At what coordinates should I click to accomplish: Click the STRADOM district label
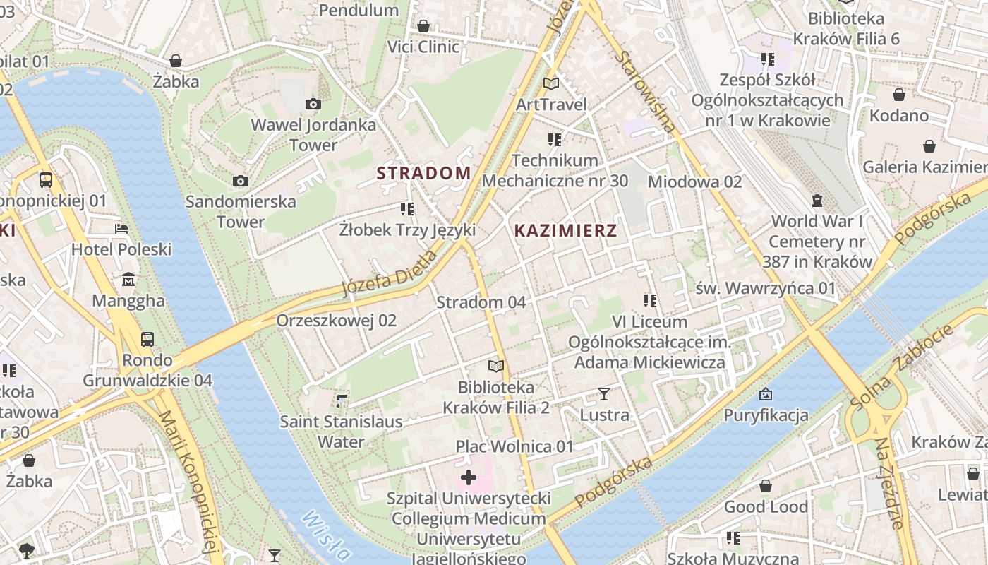click(x=423, y=173)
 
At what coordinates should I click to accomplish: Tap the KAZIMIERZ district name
click(x=565, y=230)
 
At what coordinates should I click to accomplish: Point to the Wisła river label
click(x=325, y=537)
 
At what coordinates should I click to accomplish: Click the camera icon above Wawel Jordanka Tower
click(x=313, y=105)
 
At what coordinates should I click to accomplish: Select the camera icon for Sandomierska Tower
click(x=241, y=181)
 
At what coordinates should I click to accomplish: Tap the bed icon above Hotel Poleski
click(x=121, y=229)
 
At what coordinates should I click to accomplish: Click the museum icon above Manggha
click(x=128, y=280)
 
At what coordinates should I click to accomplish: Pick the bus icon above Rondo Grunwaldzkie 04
click(x=147, y=340)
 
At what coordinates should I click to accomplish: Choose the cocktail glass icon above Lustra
click(x=604, y=394)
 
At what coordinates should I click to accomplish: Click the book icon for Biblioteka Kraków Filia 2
click(x=496, y=367)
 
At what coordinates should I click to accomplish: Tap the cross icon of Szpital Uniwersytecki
click(x=469, y=478)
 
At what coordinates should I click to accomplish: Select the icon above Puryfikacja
click(x=766, y=394)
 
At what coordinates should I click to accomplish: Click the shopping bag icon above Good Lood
click(x=766, y=486)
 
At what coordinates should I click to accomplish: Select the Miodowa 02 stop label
click(x=695, y=182)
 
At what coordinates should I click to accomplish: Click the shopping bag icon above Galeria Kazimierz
click(x=929, y=146)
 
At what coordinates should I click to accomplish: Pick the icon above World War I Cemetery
click(x=817, y=201)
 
